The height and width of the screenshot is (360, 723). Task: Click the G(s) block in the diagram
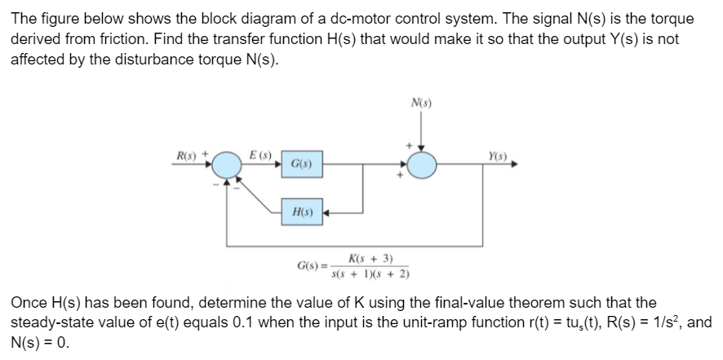click(x=301, y=166)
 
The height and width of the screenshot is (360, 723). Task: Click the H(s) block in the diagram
click(x=301, y=212)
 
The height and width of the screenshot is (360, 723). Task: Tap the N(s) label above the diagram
click(x=422, y=104)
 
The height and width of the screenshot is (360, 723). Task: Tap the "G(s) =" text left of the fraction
click(x=313, y=265)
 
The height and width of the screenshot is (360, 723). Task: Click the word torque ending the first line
click(x=650, y=18)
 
